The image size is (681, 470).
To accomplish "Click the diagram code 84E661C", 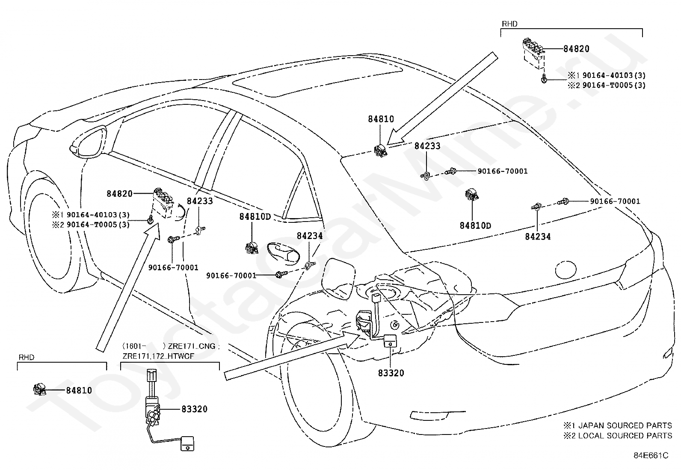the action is tap(651, 455).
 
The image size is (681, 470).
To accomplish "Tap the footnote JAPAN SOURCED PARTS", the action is tap(625, 426).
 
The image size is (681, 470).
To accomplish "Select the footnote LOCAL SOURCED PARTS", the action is tap(625, 436).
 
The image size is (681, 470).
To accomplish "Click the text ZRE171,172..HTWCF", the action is tap(158, 356).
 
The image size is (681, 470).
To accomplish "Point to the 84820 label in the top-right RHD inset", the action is tap(576, 49).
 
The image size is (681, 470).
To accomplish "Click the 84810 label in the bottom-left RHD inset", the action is tap(79, 390).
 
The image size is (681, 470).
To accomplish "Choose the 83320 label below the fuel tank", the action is tap(391, 373).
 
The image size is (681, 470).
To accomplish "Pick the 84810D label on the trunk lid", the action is tap(475, 225).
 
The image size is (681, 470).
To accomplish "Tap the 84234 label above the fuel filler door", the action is tap(310, 236).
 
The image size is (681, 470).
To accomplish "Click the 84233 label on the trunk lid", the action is tap(427, 146).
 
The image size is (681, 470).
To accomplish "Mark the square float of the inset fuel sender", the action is tap(187, 443).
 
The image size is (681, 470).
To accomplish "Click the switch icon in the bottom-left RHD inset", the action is tap(39, 389).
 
